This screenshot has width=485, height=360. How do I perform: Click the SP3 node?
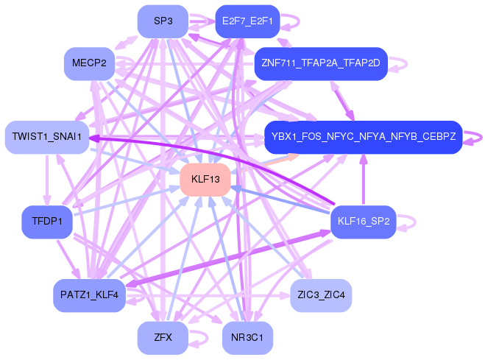pos(163,21)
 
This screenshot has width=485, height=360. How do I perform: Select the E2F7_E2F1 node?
pos(247,21)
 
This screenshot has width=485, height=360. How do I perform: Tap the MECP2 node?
pos(89,64)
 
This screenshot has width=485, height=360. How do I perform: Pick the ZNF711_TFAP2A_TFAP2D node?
pos(321,64)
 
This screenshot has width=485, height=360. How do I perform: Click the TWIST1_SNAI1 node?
pos(47,137)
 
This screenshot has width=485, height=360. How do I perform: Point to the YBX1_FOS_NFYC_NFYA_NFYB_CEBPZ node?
pos(364,137)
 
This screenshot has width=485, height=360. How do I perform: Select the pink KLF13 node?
pos(205,180)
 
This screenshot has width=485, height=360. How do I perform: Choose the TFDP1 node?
pos(47,222)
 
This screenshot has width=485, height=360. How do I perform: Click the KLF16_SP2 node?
pos(364,222)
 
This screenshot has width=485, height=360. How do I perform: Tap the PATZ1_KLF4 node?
pos(89,295)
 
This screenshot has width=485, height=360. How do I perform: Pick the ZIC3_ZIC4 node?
pos(321,295)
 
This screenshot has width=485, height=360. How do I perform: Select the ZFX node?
pos(163,337)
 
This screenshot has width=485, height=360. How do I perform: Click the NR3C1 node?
pos(247,337)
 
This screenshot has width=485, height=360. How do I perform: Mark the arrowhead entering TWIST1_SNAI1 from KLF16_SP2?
pos(93,138)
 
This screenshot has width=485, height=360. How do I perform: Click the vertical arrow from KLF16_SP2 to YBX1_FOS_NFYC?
pos(364,180)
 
